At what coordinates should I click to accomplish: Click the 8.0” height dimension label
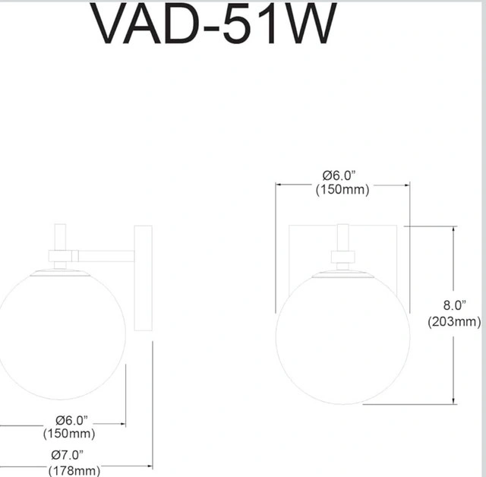click(x=454, y=305)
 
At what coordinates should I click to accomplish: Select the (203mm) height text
click(x=454, y=322)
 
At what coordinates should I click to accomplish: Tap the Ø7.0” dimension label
click(x=68, y=455)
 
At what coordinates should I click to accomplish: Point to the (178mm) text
click(x=74, y=470)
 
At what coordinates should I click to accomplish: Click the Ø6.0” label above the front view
click(x=339, y=175)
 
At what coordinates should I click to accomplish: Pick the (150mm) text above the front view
click(x=342, y=189)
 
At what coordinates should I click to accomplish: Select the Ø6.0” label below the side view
click(x=71, y=421)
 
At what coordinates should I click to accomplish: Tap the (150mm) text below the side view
click(x=69, y=433)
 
